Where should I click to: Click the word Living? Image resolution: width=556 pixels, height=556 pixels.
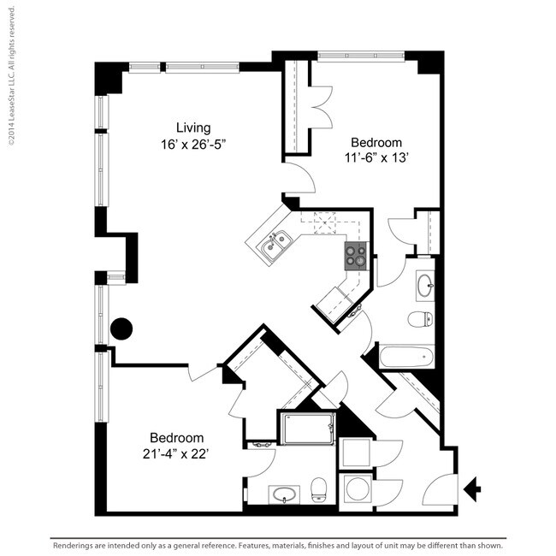click(x=195, y=128)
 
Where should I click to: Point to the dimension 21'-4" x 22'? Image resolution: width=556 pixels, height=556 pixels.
click(x=176, y=453)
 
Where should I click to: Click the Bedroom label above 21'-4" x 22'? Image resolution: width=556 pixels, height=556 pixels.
click(x=176, y=437)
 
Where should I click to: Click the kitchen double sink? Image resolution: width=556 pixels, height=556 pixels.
click(x=275, y=245)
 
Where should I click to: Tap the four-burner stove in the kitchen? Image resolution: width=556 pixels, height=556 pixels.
click(x=356, y=255)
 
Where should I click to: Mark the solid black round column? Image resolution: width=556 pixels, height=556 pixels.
click(x=121, y=328)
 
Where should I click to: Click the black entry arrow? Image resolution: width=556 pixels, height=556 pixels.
click(x=471, y=488)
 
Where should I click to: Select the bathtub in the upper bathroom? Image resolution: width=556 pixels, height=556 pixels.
click(x=406, y=356)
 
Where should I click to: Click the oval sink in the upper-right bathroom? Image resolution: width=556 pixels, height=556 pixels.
click(x=424, y=287)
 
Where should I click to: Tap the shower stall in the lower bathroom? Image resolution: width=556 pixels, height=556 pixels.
click(x=308, y=428)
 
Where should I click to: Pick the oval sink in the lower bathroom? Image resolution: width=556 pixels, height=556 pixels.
click(x=283, y=495)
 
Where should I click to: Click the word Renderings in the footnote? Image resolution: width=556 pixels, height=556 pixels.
click(x=76, y=545)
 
